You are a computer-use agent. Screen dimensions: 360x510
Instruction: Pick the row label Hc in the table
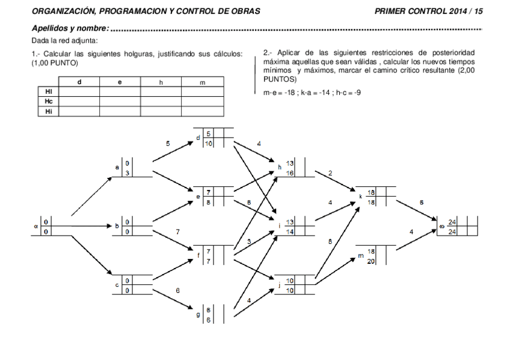49,102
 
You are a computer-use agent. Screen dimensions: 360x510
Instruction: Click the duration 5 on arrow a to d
168,144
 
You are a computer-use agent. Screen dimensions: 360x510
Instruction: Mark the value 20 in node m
371,260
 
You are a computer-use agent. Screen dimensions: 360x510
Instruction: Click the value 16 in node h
290,172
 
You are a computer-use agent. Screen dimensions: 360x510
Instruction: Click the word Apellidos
50,28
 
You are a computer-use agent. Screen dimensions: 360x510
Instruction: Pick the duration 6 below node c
177,291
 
